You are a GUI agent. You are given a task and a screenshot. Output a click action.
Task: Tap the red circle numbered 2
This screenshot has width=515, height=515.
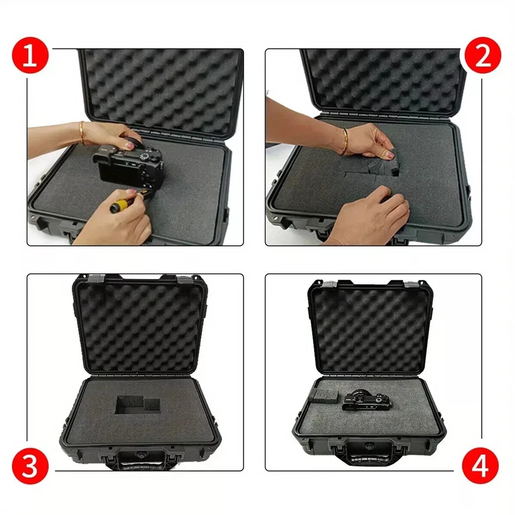[x=483, y=55]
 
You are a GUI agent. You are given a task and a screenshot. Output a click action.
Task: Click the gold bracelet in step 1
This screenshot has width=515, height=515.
[x=82, y=132]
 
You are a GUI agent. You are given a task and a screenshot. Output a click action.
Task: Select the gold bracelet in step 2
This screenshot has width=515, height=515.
[x=344, y=141]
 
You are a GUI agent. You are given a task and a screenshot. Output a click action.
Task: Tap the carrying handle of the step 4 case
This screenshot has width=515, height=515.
[x=371, y=455]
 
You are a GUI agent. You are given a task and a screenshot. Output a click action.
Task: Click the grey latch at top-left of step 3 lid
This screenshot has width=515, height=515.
[x=96, y=278]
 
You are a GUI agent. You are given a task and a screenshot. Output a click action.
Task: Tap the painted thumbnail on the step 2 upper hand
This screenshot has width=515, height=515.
[x=388, y=155]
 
